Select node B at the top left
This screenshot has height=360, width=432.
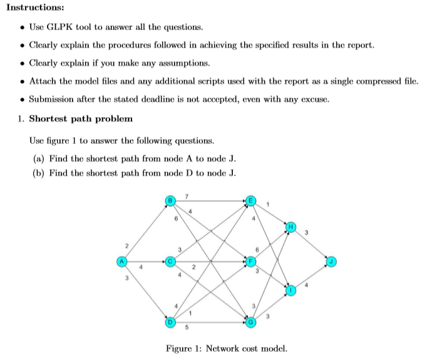click(x=168, y=200)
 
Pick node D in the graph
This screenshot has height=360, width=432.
click(x=168, y=322)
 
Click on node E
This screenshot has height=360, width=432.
click(x=251, y=200)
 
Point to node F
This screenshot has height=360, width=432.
click(x=251, y=260)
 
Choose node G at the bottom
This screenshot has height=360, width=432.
click(x=251, y=322)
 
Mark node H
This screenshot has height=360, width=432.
click(x=291, y=224)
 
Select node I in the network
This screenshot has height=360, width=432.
click(x=291, y=291)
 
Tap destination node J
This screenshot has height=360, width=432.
click(x=331, y=260)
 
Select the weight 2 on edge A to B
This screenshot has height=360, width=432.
click(x=127, y=245)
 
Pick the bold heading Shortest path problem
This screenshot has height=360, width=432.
click(x=81, y=118)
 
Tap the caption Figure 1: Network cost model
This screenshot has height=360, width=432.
click(x=226, y=349)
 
